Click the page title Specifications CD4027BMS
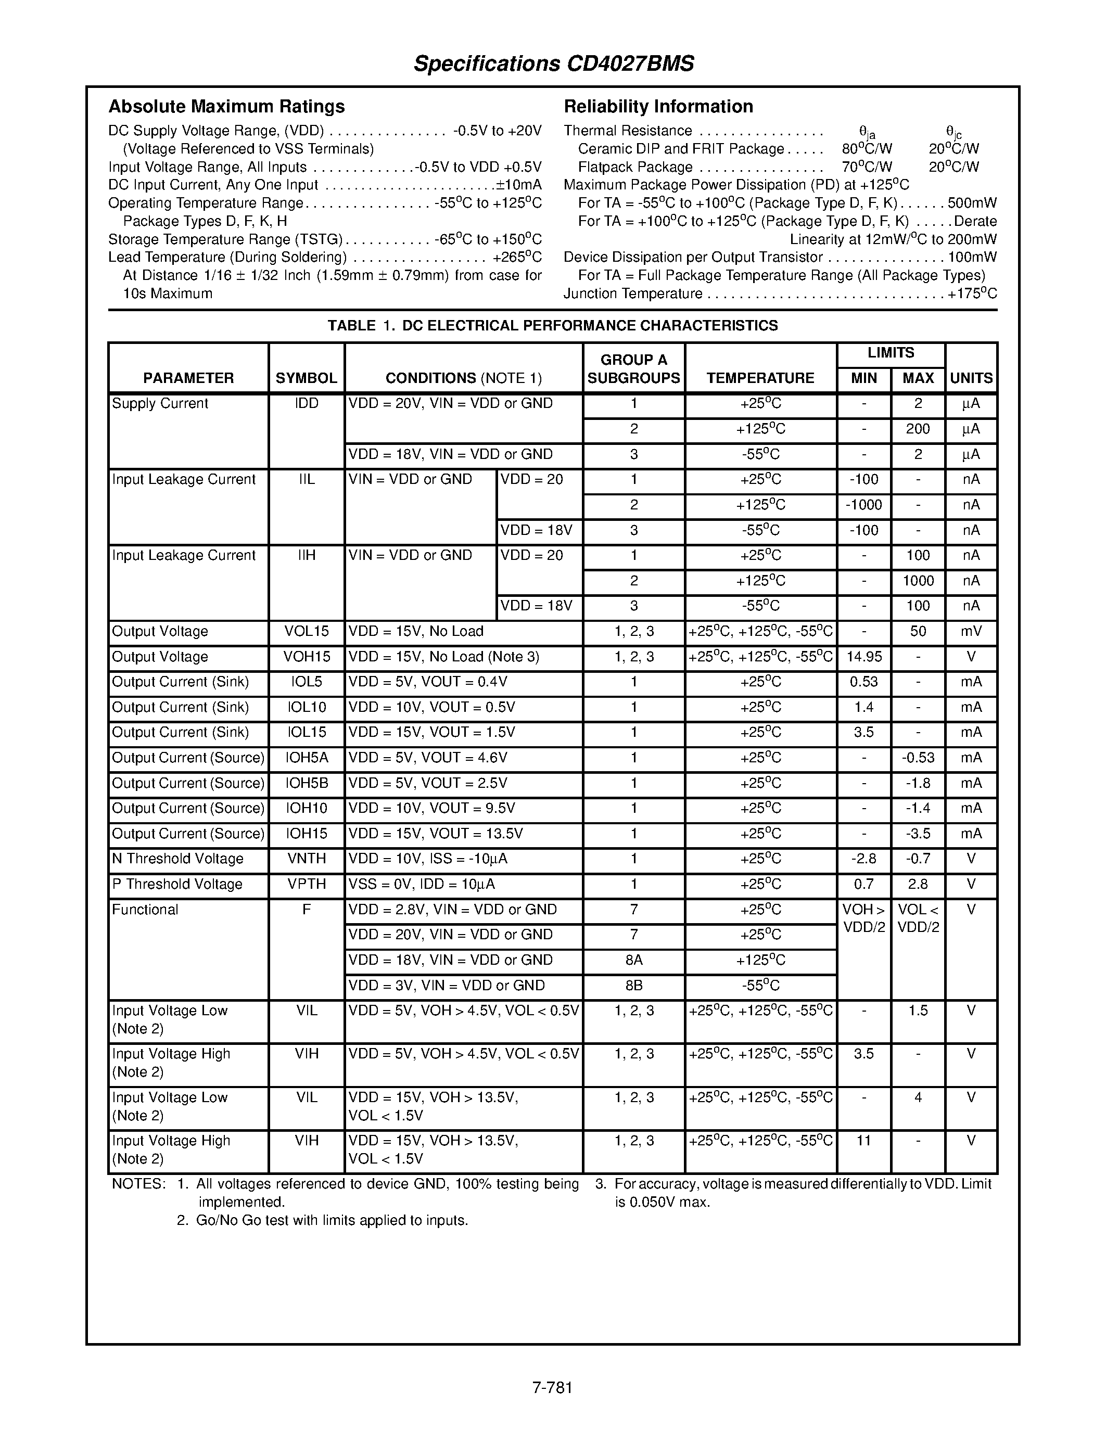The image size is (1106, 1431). tap(554, 63)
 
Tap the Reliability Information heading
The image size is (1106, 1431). tap(658, 106)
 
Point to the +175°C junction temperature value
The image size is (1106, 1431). tap(972, 293)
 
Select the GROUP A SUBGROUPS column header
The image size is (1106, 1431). tap(633, 369)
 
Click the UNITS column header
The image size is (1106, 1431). tap(971, 378)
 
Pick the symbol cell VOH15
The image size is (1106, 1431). tap(307, 657)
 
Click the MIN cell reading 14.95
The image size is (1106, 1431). tap(863, 657)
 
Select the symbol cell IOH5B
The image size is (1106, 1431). tap(307, 783)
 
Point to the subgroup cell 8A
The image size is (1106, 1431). tap(633, 960)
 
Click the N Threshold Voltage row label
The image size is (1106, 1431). tap(177, 859)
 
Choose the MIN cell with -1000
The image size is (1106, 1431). tap(863, 505)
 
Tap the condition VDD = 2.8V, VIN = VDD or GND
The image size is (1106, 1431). tap(452, 910)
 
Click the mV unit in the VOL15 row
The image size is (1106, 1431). tap(971, 632)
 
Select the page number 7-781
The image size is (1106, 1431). tap(552, 1388)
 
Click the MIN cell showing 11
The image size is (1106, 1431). tap(863, 1141)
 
